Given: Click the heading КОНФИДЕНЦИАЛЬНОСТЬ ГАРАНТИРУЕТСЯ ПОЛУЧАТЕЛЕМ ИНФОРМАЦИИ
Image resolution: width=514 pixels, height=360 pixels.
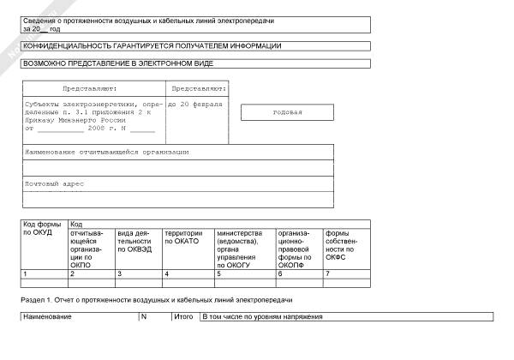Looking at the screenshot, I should (x=152, y=45).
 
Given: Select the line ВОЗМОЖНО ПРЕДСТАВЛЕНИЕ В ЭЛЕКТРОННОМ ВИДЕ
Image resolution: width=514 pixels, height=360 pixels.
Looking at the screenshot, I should (x=118, y=63).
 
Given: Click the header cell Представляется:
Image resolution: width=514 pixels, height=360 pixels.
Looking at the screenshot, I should (x=199, y=88).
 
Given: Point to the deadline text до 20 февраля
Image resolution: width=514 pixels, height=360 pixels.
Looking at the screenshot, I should (x=195, y=105).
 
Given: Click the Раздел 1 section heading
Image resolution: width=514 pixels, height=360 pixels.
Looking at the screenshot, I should (x=156, y=301).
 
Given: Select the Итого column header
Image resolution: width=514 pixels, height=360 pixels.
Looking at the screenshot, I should (x=183, y=317).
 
